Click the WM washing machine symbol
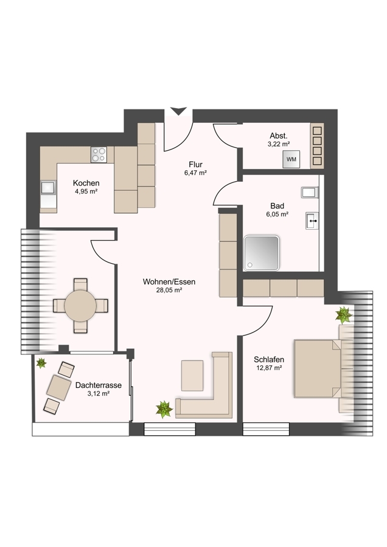291,159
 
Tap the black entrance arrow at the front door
179,111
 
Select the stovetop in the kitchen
99,154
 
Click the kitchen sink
48,188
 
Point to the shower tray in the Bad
262,253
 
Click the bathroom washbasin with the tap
312,221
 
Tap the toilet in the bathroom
310,193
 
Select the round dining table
80,306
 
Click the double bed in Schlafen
318,369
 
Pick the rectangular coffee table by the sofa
192,376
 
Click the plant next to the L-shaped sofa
164,409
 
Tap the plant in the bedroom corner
344,315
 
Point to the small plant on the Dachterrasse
41,363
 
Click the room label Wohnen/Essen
169,281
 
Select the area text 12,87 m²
268,368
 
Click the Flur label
195,164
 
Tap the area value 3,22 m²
279,143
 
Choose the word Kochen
86,183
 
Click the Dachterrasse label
99,385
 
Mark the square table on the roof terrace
58,388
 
